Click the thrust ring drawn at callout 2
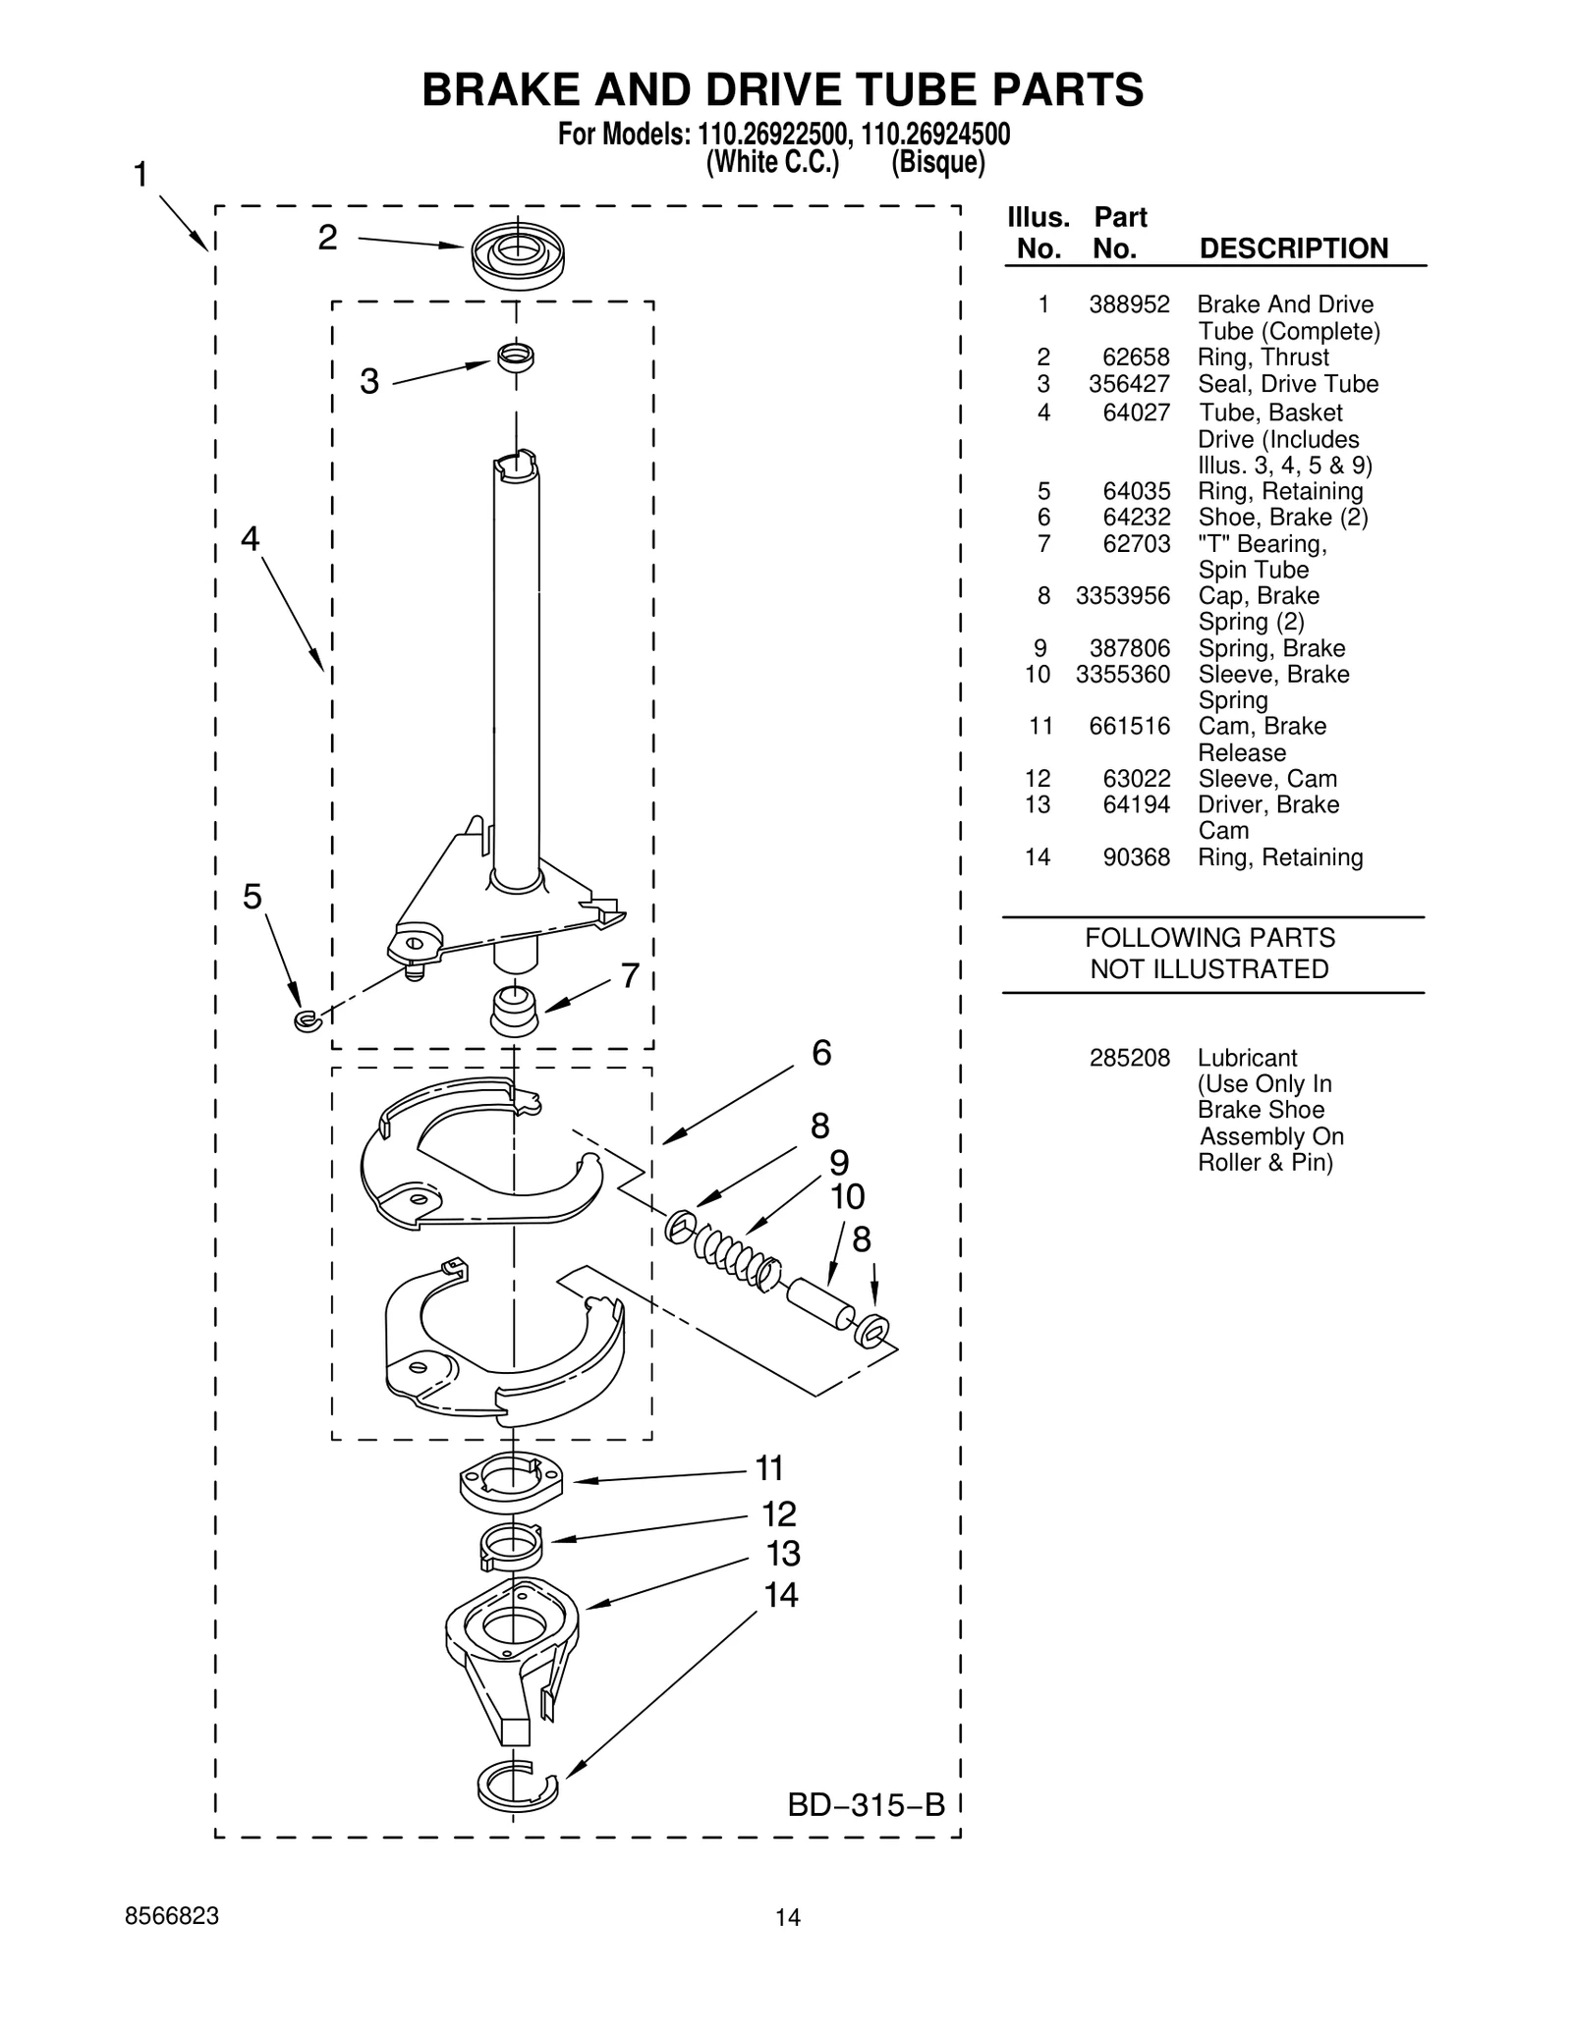point(518,254)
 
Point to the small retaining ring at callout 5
point(308,1021)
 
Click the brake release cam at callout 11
point(512,1482)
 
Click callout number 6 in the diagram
point(821,1054)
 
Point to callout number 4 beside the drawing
point(251,538)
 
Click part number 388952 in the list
point(1129,304)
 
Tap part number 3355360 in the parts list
point(1123,675)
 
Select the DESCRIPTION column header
point(1293,248)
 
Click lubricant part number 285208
point(1129,1058)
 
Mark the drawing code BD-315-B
point(866,1804)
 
